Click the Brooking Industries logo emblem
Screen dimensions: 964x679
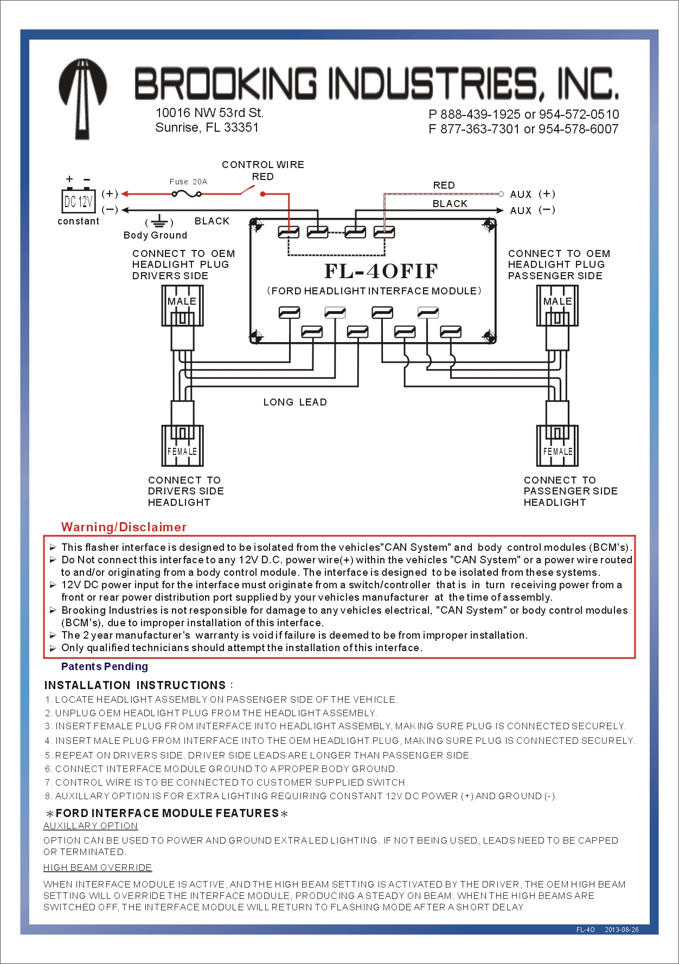[82, 98]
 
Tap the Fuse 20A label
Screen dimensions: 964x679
[188, 182]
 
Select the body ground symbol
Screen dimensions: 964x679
[159, 221]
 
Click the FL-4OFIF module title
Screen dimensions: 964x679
[381, 271]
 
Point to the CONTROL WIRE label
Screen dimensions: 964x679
[263, 165]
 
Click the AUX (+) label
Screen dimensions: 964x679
[532, 194]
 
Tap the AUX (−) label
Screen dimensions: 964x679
[532, 210]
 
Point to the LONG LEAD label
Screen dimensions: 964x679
[295, 402]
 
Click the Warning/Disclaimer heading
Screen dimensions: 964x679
[124, 527]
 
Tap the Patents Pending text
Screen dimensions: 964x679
[105, 666]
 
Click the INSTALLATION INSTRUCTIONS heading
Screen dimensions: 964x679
[135, 685]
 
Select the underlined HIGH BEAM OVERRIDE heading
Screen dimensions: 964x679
[98, 867]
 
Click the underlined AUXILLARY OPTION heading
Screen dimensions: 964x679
[91, 826]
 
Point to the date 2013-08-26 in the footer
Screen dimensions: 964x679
[622, 930]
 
